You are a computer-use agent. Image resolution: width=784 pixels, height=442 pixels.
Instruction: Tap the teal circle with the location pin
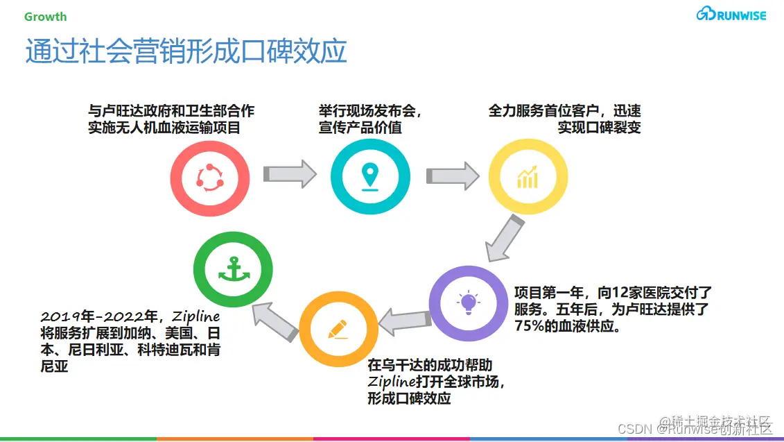click(370, 177)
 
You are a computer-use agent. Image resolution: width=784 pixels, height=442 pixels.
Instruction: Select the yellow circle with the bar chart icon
click(528, 177)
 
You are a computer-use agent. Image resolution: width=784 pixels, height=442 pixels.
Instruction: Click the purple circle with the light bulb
click(469, 303)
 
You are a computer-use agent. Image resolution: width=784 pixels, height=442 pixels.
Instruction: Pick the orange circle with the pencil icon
click(338, 329)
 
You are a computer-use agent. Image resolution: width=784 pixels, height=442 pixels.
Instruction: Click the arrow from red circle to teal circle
click(290, 173)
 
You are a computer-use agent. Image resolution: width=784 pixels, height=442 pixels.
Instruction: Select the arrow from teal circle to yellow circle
click(452, 176)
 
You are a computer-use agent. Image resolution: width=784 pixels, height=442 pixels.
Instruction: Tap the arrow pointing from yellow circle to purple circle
click(504, 238)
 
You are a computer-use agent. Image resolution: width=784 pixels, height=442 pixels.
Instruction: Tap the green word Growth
click(46, 16)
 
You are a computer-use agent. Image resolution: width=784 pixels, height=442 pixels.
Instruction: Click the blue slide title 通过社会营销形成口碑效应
click(186, 52)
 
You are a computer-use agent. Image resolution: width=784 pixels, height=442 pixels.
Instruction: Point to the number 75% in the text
click(529, 326)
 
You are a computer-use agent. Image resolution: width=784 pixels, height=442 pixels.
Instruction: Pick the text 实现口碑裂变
click(599, 128)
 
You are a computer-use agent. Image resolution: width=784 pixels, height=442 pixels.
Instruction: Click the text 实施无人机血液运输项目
click(164, 128)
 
